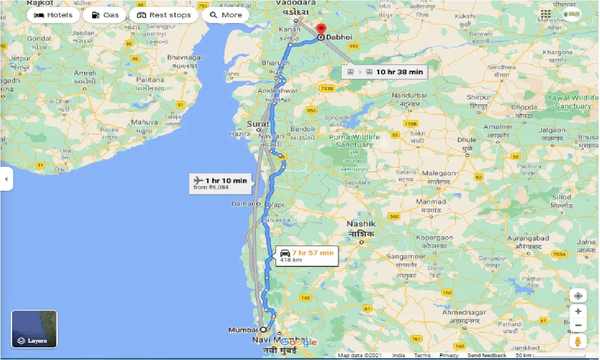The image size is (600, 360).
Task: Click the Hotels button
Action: [x=53, y=15]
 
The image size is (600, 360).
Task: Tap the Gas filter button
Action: [x=105, y=15]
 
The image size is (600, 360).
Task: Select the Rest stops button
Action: [x=164, y=15]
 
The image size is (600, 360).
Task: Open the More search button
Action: [x=225, y=15]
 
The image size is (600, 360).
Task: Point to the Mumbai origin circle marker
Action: [x=263, y=329]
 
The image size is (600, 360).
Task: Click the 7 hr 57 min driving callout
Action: [x=307, y=255]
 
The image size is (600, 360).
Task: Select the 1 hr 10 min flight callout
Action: [x=220, y=183]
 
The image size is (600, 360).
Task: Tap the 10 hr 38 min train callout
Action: [x=384, y=72]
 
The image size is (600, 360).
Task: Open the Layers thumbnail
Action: [x=34, y=329]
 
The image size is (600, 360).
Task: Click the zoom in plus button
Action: [x=578, y=311]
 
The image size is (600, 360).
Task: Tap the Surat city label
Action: [x=258, y=124]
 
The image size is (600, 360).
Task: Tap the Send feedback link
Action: [x=487, y=355]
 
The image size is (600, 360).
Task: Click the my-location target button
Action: [x=578, y=296]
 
